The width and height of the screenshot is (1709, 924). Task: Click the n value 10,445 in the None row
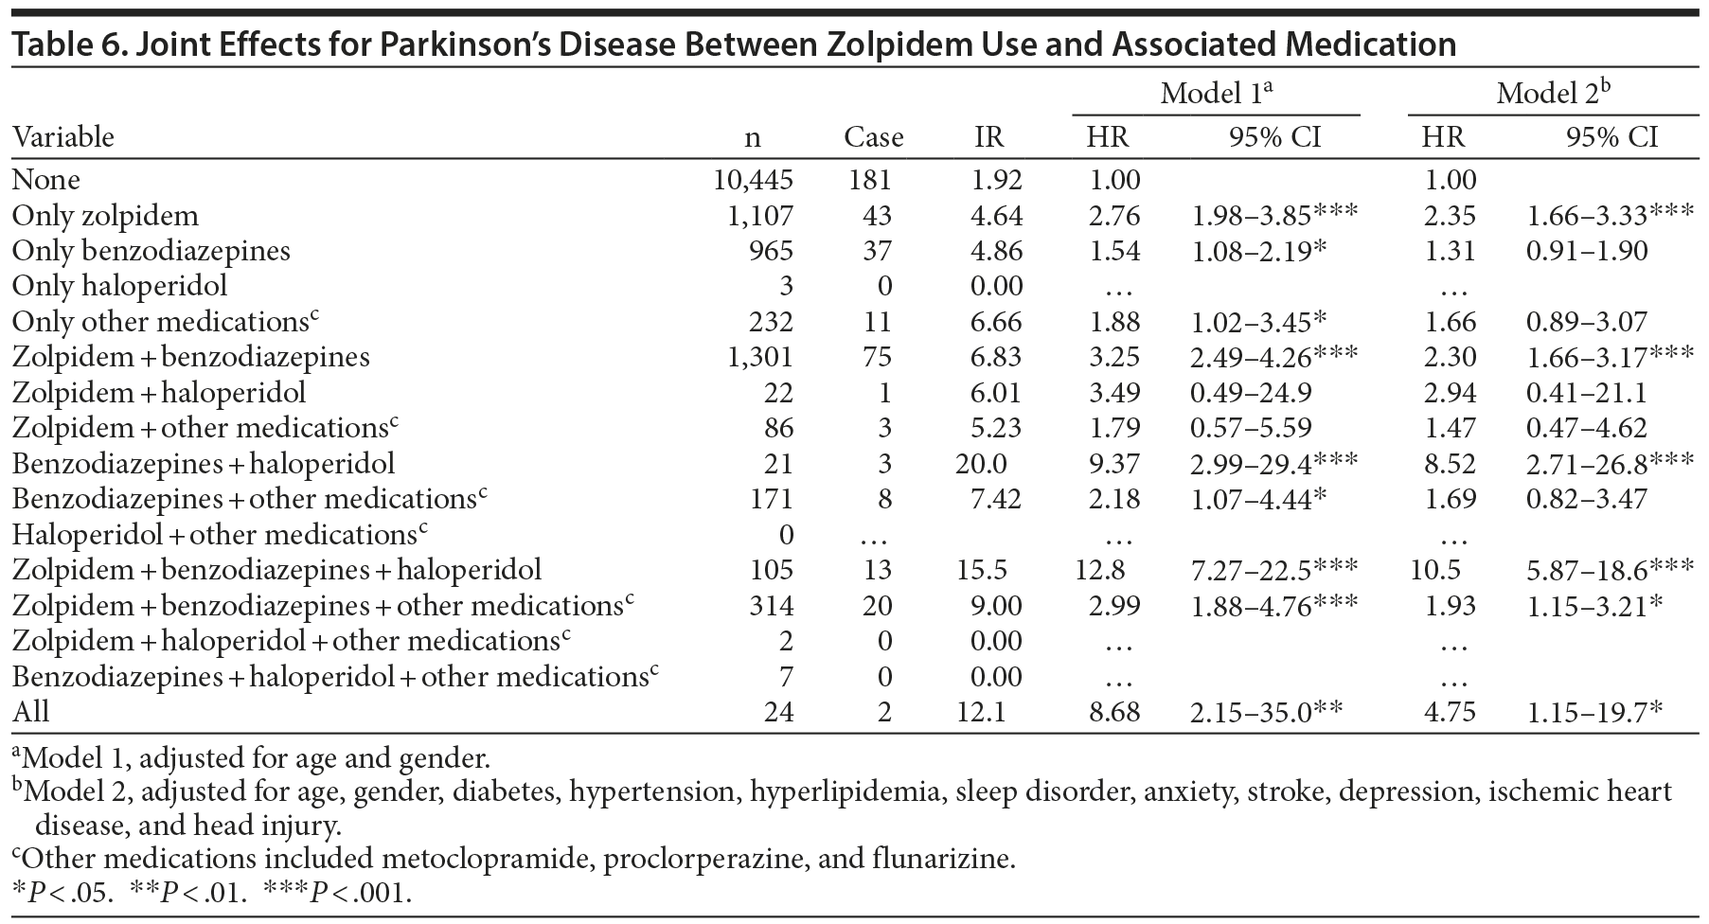[753, 180]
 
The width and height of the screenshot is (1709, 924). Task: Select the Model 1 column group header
[1216, 93]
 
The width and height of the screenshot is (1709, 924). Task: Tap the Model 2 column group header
[1553, 93]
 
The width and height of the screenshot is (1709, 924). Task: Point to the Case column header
[873, 137]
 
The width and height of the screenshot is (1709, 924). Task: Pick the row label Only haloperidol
[119, 286]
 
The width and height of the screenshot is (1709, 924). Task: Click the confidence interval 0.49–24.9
[1251, 393]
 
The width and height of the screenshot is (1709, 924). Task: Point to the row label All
[30, 712]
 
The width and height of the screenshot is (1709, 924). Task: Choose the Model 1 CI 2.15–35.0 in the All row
[1266, 712]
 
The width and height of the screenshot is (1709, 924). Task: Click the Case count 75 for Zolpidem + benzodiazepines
[877, 357]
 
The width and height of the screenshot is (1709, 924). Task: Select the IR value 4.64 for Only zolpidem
[996, 216]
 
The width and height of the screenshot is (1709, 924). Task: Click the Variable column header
[62, 137]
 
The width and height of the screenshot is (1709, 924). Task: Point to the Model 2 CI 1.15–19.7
[1594, 712]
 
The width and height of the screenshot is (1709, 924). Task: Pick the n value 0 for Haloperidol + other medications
[786, 535]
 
